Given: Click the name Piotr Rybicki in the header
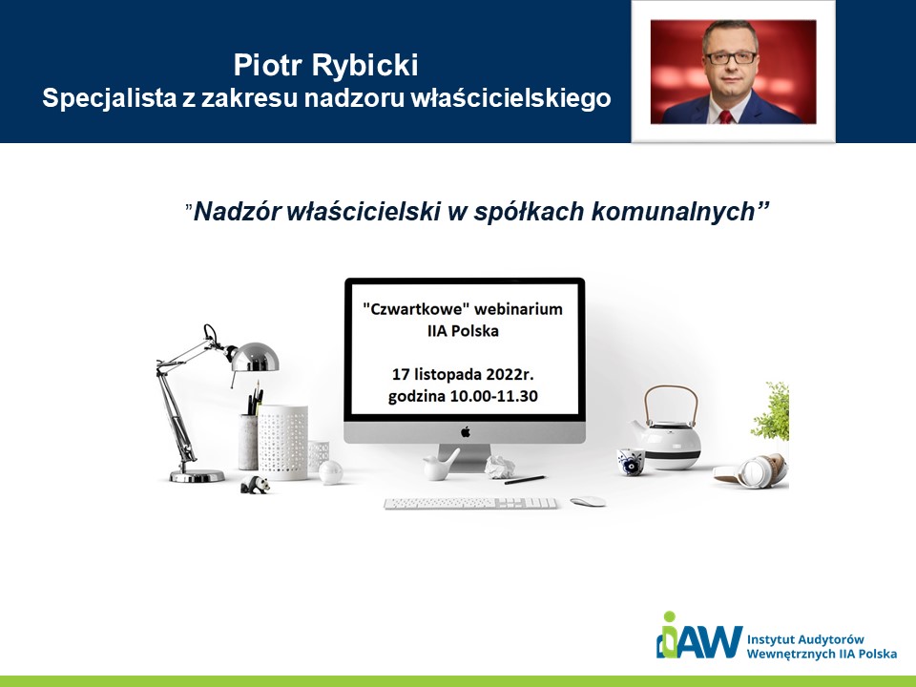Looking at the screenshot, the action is tap(325, 65).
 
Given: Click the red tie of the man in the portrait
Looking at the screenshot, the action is tap(725, 116).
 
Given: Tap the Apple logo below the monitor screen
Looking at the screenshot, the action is tap(466, 431).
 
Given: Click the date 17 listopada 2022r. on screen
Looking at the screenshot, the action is tap(464, 373).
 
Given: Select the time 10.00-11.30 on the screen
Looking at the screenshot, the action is tap(493, 396).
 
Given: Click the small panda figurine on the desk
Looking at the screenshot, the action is tap(256, 485).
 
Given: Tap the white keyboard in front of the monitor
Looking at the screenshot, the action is tap(470, 503).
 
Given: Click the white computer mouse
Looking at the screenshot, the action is tap(588, 501).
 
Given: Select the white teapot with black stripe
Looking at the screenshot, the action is tap(666, 432).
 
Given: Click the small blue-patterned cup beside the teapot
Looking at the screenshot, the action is tap(631, 462).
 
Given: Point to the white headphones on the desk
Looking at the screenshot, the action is tap(751, 470).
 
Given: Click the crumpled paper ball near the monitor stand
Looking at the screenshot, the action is tap(499, 468).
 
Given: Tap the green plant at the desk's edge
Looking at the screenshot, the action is tap(771, 411).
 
